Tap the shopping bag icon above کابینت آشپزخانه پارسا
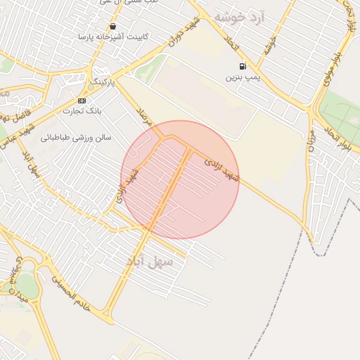pos(112,26)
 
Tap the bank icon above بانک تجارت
pos(82,101)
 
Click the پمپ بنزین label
pos(238,77)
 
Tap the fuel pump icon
pos(243,67)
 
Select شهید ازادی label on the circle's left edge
pos(127,188)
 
